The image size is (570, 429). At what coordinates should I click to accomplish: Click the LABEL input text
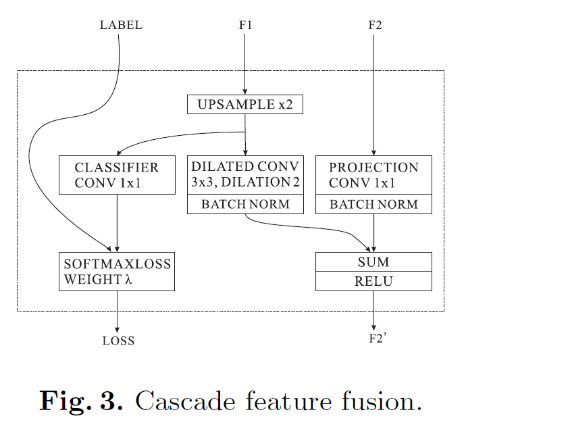pyautogui.click(x=121, y=26)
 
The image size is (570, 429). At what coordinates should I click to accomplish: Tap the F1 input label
pyautogui.click(x=245, y=26)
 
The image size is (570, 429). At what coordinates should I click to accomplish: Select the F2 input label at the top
pyautogui.click(x=375, y=26)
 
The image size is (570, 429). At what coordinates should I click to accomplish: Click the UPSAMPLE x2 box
pyautogui.click(x=245, y=105)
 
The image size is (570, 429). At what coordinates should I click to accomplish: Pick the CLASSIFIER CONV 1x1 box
pyautogui.click(x=117, y=175)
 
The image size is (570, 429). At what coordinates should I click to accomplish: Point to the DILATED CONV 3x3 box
pyautogui.click(x=245, y=175)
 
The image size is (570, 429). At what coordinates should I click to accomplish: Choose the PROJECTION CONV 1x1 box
pyautogui.click(x=373, y=175)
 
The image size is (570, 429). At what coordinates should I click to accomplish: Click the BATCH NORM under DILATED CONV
pyautogui.click(x=245, y=205)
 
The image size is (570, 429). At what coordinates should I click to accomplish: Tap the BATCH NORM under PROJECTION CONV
pyautogui.click(x=373, y=205)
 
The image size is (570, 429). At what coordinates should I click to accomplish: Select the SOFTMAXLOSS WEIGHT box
pyautogui.click(x=117, y=271)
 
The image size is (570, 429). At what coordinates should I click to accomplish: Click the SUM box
pyautogui.click(x=373, y=262)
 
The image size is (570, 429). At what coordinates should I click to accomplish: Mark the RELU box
pyautogui.click(x=373, y=281)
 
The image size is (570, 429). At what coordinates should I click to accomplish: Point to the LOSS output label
pyautogui.click(x=118, y=341)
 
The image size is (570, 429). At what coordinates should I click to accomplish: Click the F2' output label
pyautogui.click(x=377, y=338)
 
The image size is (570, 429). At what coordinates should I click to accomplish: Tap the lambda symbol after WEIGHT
pyautogui.click(x=125, y=279)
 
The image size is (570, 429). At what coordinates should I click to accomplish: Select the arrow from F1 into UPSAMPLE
pyautogui.click(x=245, y=64)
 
